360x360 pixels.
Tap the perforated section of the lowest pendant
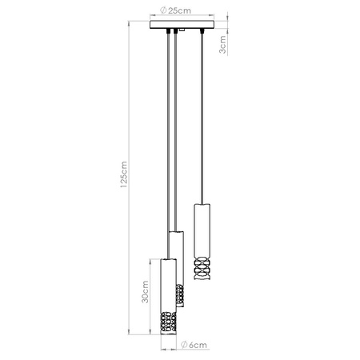(167, 321)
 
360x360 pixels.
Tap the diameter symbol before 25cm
(162, 10)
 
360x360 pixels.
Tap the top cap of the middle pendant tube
(176, 234)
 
